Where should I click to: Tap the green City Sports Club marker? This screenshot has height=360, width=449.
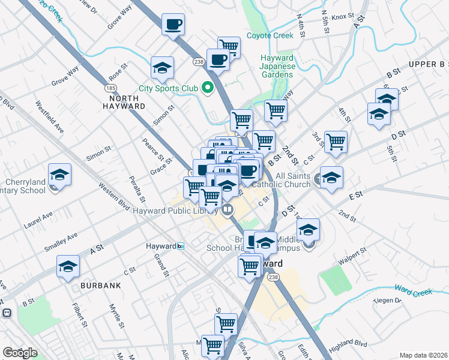(208, 89)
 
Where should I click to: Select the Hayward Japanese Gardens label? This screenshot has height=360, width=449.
(277, 66)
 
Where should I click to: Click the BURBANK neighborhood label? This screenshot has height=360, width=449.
(98, 286)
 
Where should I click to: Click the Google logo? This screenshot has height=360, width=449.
(19, 353)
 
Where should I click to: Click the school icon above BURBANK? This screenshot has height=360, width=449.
(68, 266)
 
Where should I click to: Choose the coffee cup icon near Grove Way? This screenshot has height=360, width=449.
(173, 25)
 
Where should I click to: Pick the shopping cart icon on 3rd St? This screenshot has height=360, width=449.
(336, 142)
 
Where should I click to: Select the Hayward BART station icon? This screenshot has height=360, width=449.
(180, 246)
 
